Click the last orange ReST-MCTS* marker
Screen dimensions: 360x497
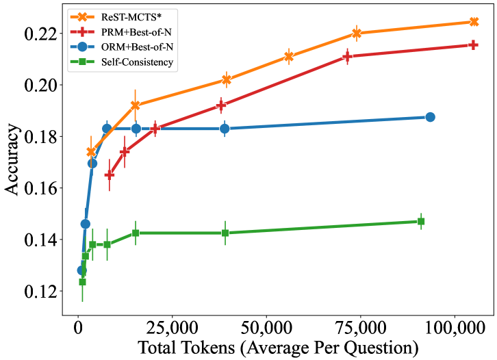473,22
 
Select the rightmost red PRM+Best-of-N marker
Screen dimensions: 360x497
473,44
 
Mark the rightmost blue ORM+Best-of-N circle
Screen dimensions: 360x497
430,117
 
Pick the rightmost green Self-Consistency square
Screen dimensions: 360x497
421,221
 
